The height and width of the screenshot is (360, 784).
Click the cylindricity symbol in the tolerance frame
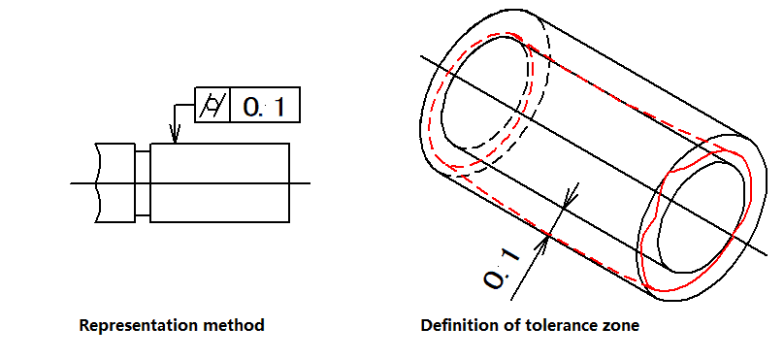coord(212,106)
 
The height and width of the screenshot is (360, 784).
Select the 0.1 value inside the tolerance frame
coord(264,107)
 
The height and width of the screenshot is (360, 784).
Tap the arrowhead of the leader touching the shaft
coord(175,135)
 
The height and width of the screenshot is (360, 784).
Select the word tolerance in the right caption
coord(560,325)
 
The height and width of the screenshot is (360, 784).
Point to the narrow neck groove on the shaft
coord(143,183)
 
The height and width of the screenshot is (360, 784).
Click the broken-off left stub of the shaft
coord(115,183)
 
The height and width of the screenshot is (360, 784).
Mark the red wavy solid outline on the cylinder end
coord(695,220)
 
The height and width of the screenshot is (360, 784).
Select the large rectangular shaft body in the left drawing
coord(219,183)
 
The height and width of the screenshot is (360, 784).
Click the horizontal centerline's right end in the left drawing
coord(310,183)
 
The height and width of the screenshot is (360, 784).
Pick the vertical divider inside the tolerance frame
coord(230,105)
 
